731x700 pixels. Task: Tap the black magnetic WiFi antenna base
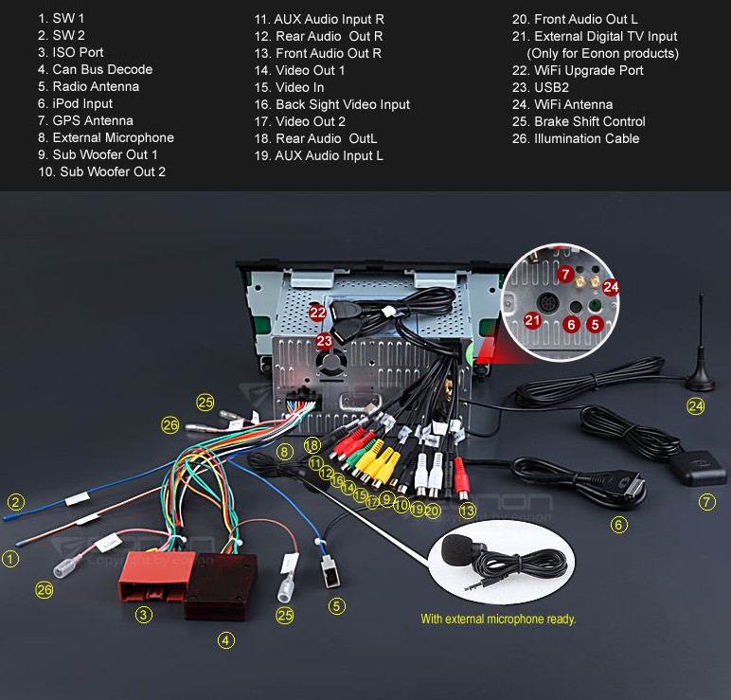tap(701, 379)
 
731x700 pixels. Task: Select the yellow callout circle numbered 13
tap(467, 511)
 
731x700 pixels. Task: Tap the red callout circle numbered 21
tap(531, 321)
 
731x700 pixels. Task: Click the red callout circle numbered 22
tap(317, 312)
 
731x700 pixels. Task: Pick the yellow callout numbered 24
tap(696, 406)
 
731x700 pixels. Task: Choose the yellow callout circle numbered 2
tap(16, 501)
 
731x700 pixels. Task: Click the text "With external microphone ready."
tap(498, 619)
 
